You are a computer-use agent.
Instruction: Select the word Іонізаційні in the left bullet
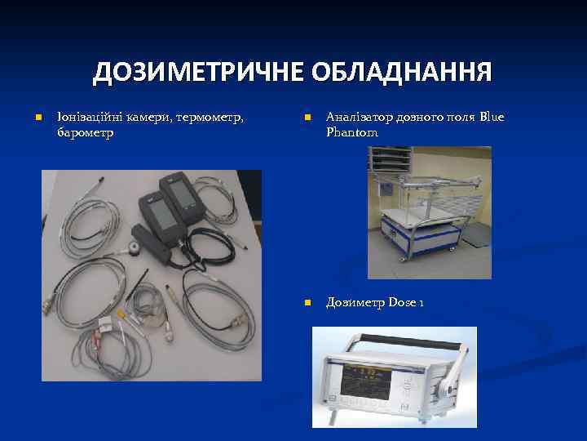pyautogui.click(x=87, y=118)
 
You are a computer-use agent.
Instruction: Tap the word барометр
pyautogui.click(x=86, y=131)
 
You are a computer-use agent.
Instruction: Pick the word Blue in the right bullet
pyautogui.click(x=492, y=118)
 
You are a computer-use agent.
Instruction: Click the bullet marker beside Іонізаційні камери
pyautogui.click(x=38, y=118)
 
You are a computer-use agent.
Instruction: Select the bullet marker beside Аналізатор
pyautogui.click(x=307, y=118)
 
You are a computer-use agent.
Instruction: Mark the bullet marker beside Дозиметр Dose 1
pyautogui.click(x=307, y=304)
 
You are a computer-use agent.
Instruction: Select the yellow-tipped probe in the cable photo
pyautogui.click(x=121, y=314)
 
